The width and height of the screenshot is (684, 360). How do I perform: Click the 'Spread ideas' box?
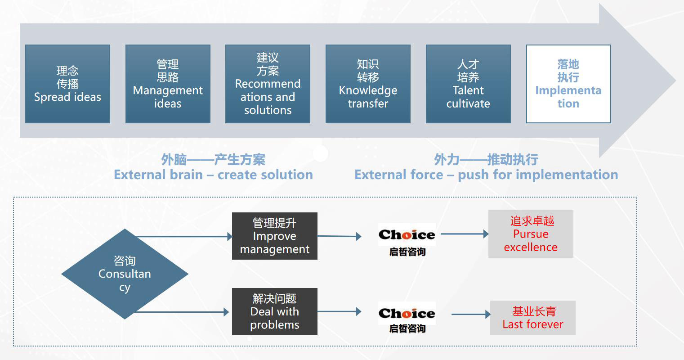tap(67, 84)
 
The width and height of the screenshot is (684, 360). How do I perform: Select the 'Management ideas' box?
tap(168, 84)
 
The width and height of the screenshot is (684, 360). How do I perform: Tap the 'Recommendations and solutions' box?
tap(268, 84)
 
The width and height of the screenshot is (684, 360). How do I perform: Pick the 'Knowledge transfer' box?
tap(368, 84)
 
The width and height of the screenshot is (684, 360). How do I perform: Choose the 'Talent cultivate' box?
tap(468, 84)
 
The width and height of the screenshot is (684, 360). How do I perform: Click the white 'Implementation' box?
tap(568, 84)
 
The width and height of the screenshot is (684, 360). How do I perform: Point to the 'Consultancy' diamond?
tap(125, 274)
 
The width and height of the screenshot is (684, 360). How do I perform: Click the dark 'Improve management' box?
tap(274, 236)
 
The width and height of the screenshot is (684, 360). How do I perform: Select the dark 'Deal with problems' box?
tap(274, 311)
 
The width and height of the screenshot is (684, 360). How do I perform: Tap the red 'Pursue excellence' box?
tap(531, 234)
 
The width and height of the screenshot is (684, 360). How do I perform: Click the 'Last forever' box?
tap(533, 318)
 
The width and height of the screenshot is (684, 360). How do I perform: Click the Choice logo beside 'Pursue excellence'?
tap(407, 240)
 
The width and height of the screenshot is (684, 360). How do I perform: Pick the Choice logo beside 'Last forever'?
tap(407, 318)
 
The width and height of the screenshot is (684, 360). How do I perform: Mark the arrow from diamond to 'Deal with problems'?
tap(182, 312)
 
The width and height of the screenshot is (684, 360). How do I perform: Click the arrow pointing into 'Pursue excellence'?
tap(465, 234)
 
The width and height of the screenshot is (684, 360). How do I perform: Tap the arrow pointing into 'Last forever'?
tap(471, 314)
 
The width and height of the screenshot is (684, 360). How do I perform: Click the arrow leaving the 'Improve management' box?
tap(340, 236)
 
